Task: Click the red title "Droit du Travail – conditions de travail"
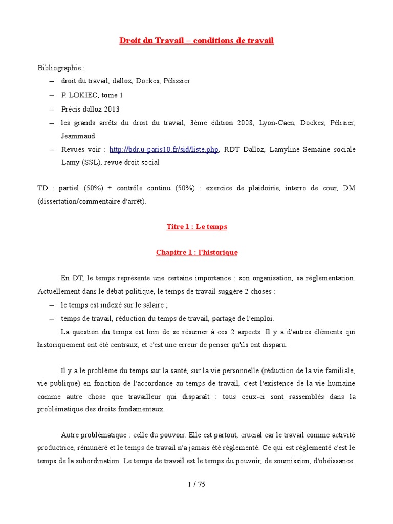196,41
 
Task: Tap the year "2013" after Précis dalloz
111,109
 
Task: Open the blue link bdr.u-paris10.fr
164,149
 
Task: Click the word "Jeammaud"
78,136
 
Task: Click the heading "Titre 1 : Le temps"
196,226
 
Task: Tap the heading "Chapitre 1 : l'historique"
196,253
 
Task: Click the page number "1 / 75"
196,485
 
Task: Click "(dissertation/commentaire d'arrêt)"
92,202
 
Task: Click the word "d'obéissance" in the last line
333,461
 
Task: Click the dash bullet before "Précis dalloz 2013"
52,109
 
